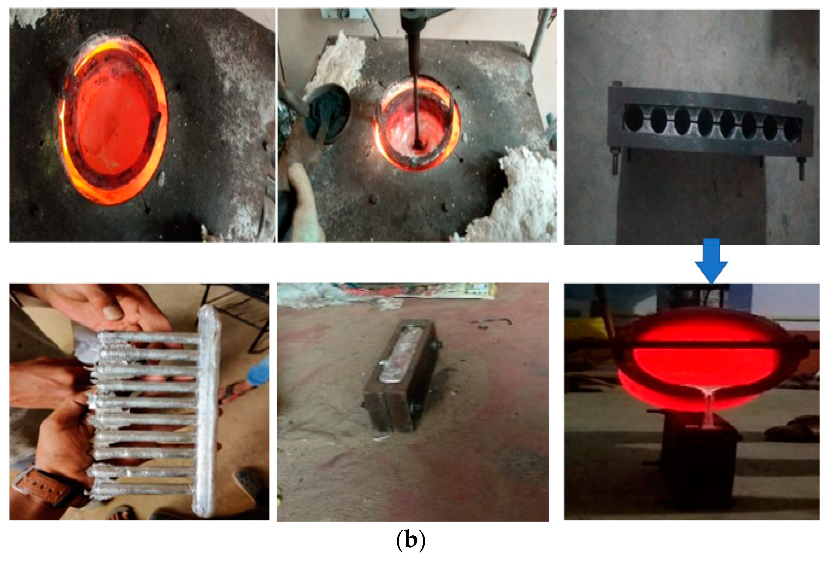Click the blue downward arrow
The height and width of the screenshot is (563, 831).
(711, 260)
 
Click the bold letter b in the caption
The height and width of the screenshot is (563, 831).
(411, 540)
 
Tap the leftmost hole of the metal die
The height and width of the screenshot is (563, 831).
(634, 117)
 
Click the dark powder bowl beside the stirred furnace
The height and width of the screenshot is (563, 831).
(327, 114)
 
